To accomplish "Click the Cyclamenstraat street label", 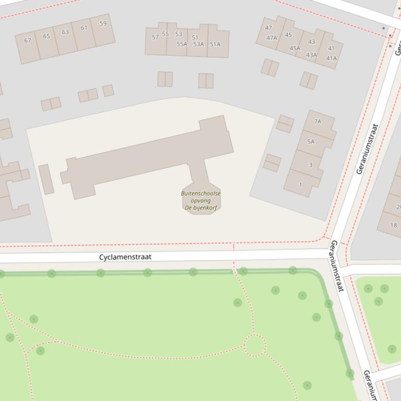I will coord(125,257).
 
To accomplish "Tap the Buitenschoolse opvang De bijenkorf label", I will coord(201,200).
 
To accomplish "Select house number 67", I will coord(28,41).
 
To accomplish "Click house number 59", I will coord(103,23).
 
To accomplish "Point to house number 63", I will coord(65,32).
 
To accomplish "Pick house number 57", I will coord(155,37).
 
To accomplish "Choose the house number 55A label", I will coord(181,44).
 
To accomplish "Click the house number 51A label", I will coord(215,44).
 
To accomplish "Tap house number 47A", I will coord(272,37).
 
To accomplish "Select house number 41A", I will coord(331,58).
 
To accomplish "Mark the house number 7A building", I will coord(318,121).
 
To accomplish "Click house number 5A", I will coord(311,142).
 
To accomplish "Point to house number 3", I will coord(310,165).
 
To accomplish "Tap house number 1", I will coord(300,184).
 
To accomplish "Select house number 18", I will coord(393,225).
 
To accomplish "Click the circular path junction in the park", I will coord(254,345).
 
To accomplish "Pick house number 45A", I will coord(295,48).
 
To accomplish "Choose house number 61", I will coord(84,28).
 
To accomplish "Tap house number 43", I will coord(311,42).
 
